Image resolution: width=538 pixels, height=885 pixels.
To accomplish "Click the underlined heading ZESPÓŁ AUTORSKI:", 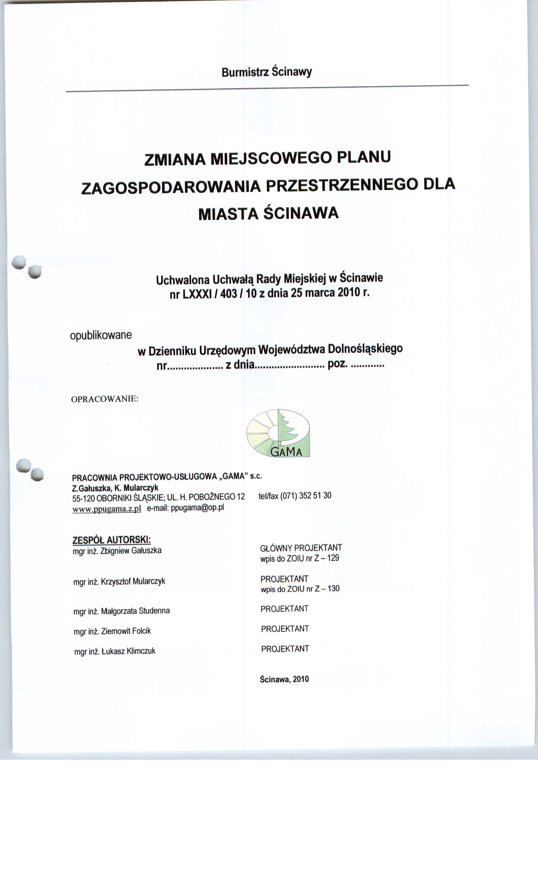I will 111,540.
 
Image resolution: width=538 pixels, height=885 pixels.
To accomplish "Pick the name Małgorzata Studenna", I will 135,611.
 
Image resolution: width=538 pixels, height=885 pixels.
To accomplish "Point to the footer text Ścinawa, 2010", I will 284,679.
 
